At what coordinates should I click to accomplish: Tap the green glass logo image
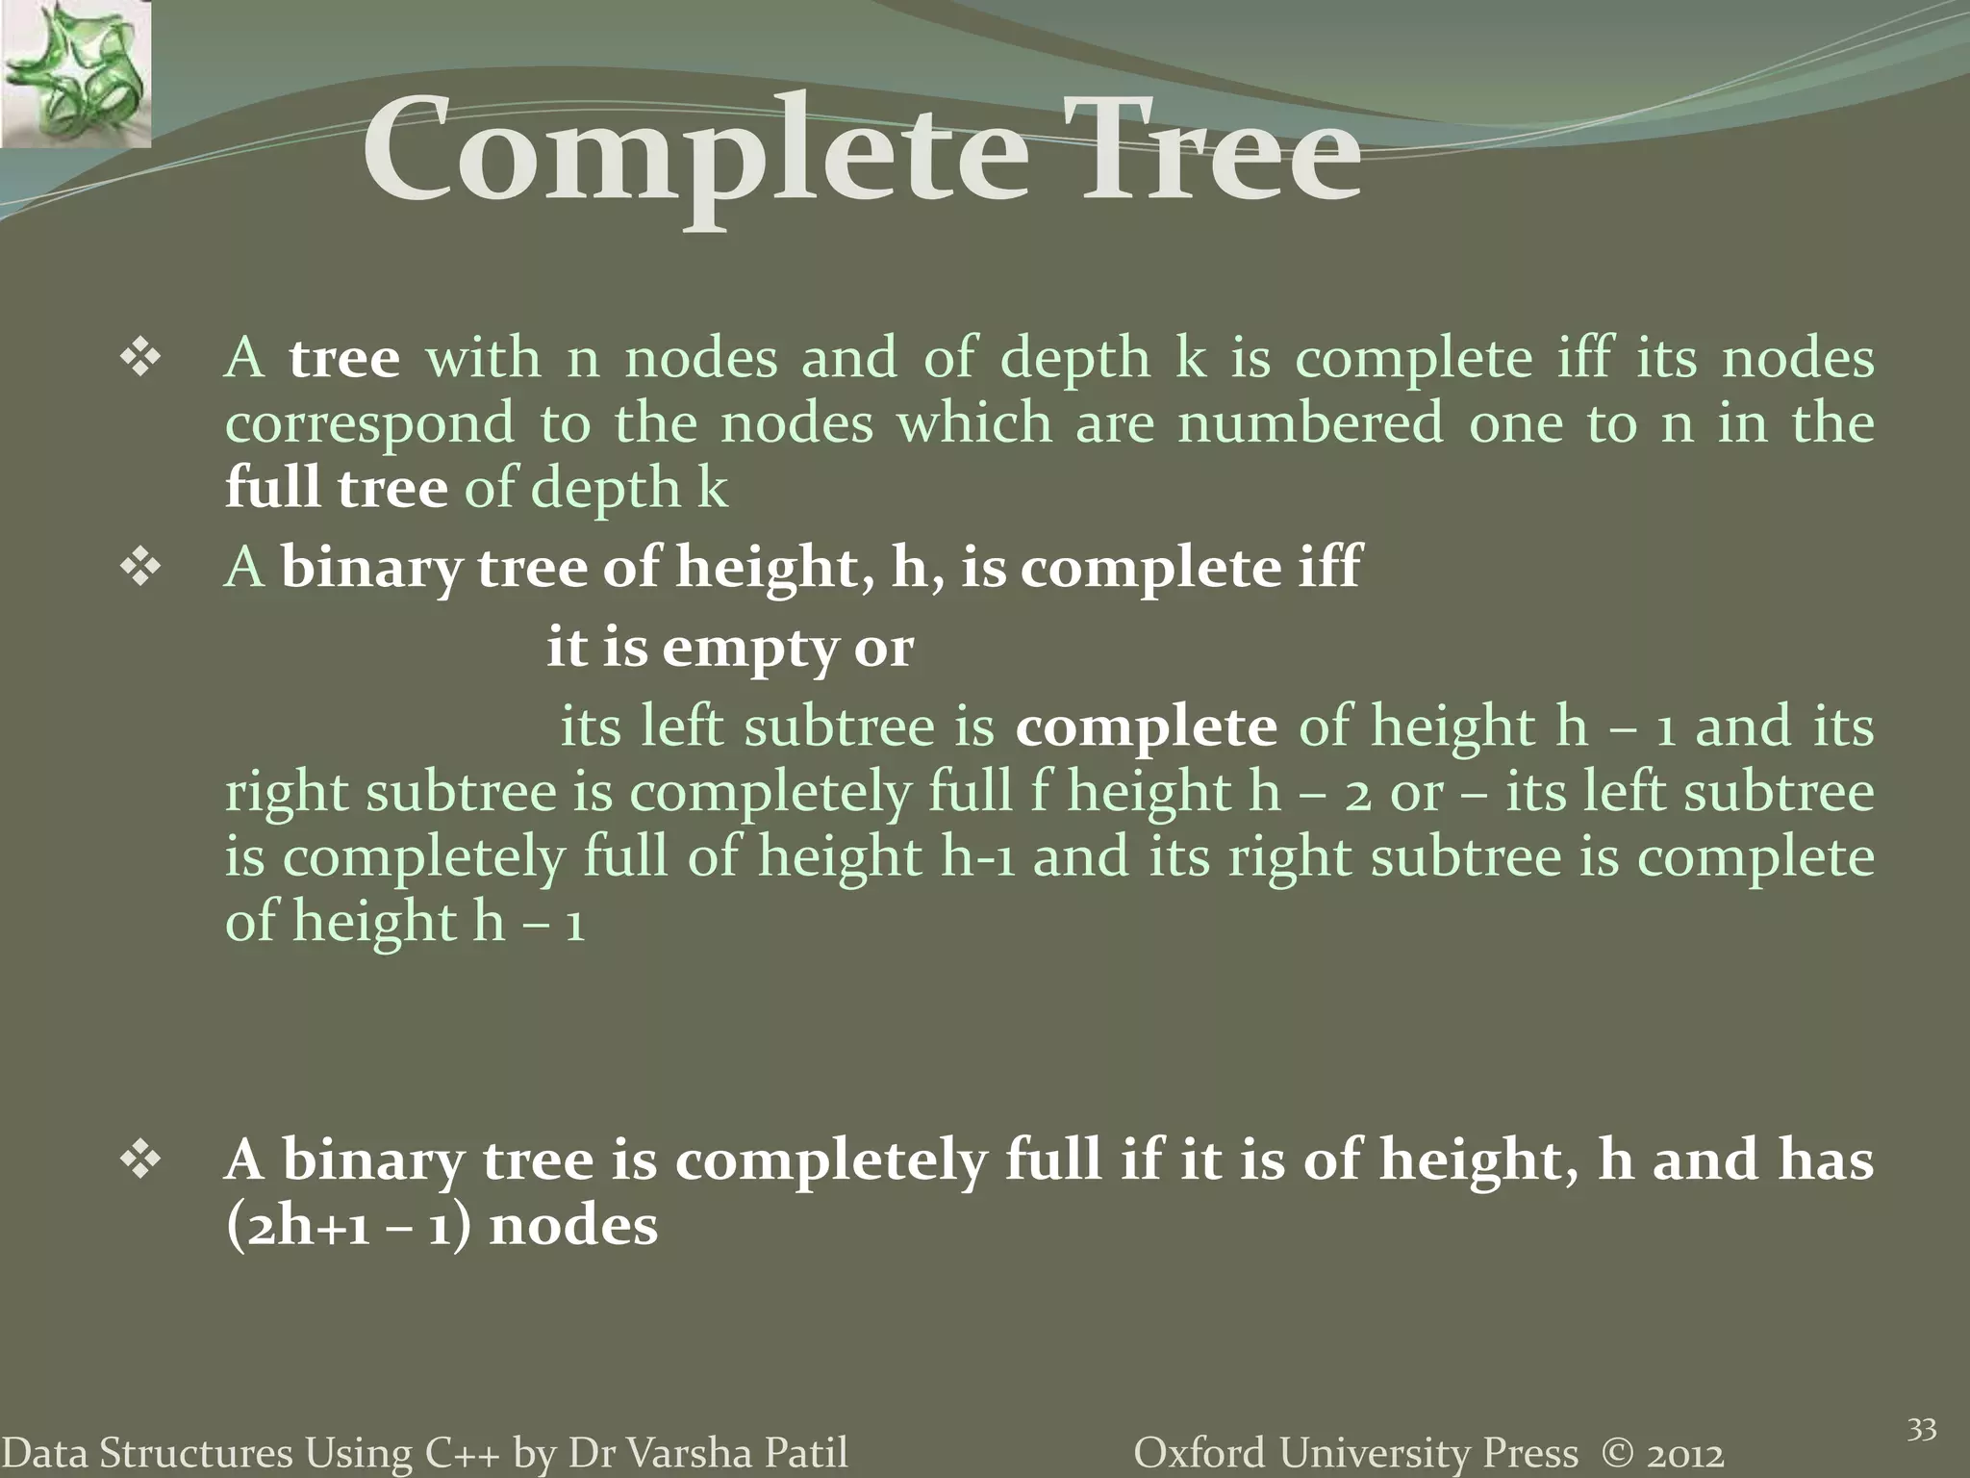(x=75, y=74)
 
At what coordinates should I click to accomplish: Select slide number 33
(x=1921, y=1430)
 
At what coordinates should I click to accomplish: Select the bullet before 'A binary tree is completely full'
(x=140, y=1161)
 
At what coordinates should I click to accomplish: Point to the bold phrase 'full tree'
(x=336, y=488)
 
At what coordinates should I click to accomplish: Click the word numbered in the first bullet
(x=1310, y=423)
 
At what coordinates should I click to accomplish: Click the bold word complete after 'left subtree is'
(x=1146, y=726)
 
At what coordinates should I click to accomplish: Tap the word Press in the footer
(x=1531, y=1453)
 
